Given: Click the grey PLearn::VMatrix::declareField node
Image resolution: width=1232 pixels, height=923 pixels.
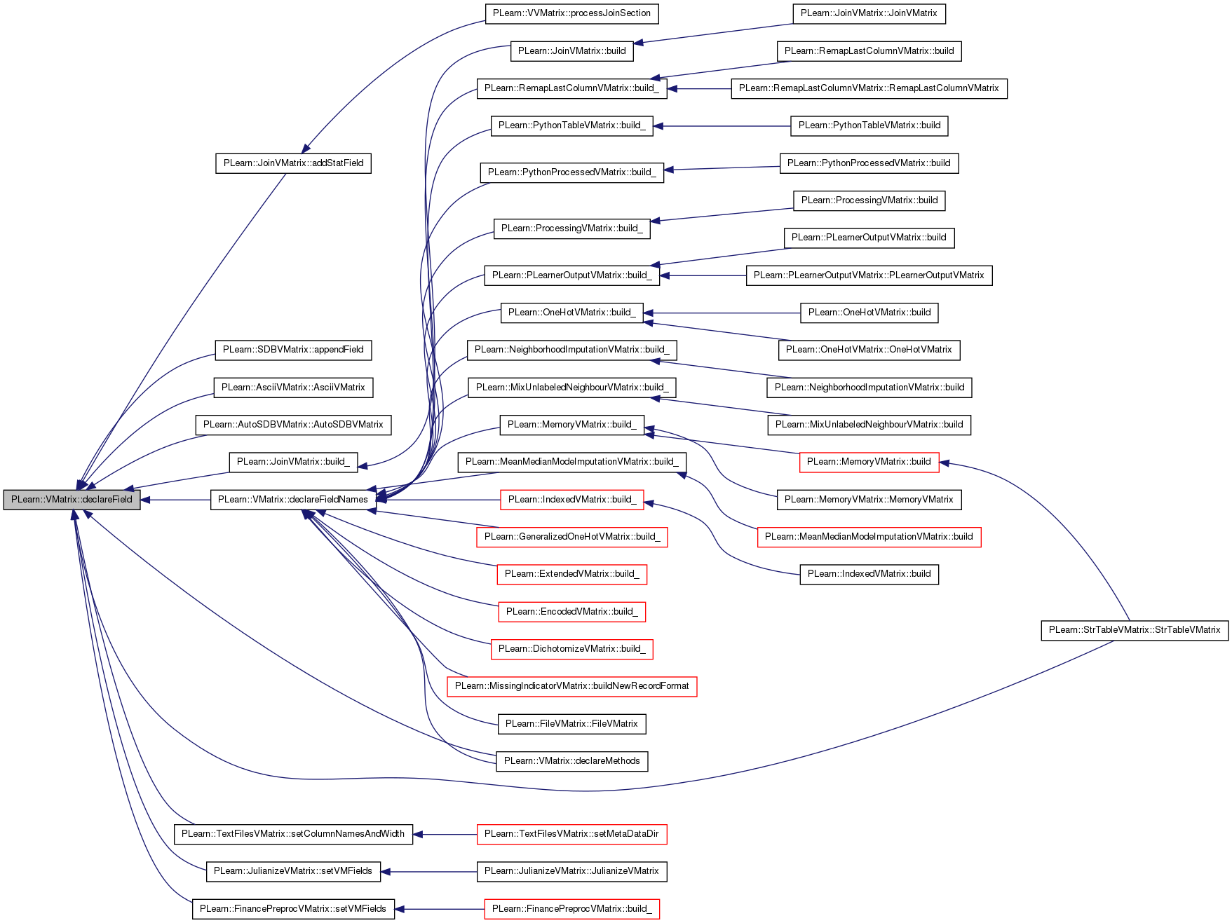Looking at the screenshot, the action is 72,500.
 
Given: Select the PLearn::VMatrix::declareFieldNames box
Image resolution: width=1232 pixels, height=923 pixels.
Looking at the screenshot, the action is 293,500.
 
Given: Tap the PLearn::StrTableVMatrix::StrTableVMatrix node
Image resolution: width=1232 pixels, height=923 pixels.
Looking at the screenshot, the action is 1135,630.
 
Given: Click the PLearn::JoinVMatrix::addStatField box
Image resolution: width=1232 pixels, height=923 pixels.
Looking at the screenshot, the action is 293,163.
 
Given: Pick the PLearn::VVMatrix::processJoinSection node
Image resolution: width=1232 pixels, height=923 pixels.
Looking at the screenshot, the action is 572,13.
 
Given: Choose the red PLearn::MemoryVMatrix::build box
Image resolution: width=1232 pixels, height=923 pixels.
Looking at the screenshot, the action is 869,462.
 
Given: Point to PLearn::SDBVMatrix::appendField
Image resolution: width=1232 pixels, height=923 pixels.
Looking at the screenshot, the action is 293,350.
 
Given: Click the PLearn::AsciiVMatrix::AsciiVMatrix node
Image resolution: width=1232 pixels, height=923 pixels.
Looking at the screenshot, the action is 293,388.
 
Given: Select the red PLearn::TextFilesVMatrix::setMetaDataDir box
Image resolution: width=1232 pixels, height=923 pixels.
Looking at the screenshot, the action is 571,834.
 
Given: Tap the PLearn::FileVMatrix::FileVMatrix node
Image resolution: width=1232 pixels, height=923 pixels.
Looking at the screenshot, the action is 571,724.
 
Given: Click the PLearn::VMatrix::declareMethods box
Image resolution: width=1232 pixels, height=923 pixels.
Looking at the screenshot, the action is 571,761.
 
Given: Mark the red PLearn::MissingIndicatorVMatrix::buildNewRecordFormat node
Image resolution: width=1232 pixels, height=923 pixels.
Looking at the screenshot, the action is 572,686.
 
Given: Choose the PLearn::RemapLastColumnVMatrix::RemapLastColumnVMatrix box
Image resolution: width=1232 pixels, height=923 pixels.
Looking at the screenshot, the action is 869,88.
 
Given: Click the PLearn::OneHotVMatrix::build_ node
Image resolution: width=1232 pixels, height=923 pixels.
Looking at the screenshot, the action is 571,313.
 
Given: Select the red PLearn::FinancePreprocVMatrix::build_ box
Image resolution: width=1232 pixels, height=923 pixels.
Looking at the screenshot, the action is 571,909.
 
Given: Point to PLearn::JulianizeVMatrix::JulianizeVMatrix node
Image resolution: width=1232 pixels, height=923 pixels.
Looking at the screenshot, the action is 571,871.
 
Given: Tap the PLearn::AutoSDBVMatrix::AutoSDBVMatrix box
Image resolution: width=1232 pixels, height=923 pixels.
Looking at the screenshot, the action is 293,425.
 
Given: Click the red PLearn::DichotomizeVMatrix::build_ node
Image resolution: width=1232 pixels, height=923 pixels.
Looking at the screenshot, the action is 571,649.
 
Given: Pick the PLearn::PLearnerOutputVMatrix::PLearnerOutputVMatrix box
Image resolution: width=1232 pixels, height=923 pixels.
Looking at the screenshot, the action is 869,275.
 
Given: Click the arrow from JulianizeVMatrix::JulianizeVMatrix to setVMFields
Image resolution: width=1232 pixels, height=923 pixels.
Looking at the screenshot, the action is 428,872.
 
